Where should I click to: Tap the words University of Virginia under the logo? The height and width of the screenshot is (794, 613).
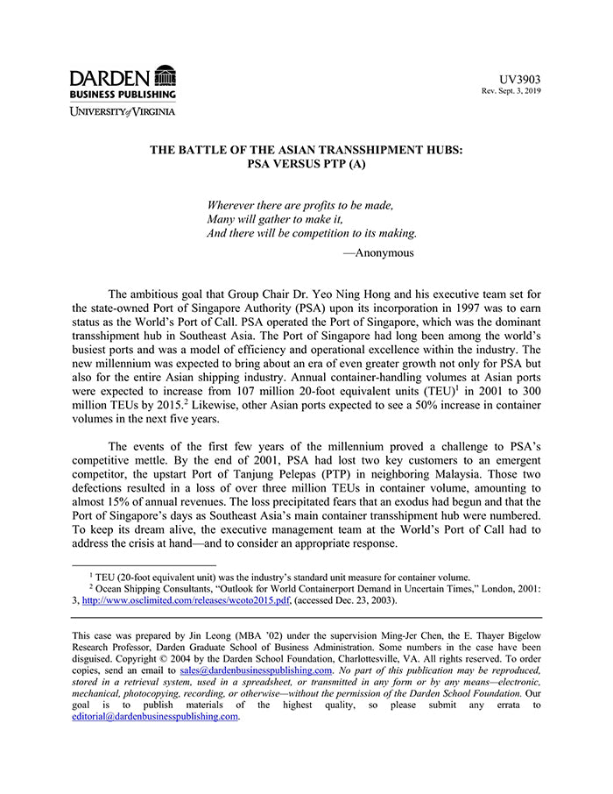(123, 111)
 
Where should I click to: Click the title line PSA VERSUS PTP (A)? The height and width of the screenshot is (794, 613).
(306, 164)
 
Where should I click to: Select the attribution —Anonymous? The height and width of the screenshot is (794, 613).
(377, 252)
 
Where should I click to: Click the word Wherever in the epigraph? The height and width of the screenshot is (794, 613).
(235, 205)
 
